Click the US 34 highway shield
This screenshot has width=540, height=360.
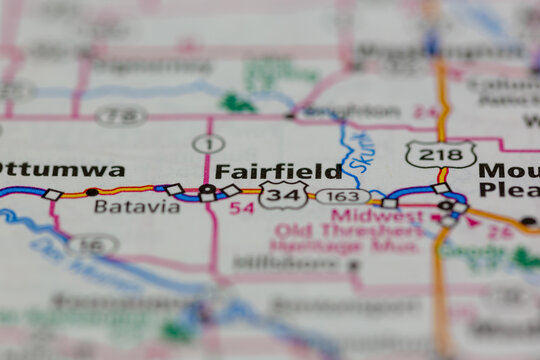pos(284,195)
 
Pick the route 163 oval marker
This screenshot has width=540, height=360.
pos(342,196)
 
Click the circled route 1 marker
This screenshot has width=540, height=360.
pos(208,144)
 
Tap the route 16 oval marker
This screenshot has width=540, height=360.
pos(93,243)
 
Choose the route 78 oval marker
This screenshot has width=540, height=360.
pos(121,116)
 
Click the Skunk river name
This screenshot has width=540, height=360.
pos(358,153)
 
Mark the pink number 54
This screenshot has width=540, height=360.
pos(241,208)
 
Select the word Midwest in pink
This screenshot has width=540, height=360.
pos(364,214)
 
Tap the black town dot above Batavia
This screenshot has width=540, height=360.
pos(92,191)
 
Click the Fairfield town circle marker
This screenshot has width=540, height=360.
pos(206,189)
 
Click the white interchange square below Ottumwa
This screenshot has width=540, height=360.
pos(52,194)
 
